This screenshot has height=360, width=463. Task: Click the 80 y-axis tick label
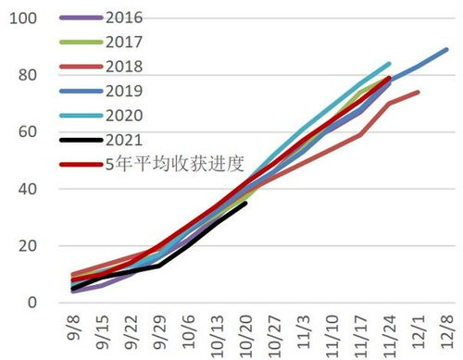pos(26,75)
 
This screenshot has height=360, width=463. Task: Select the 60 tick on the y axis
pos(26,132)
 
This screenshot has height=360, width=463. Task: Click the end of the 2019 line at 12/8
pos(447,49)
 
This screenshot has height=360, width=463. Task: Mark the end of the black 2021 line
pos(245,204)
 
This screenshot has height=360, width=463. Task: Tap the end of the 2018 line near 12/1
pos(419,92)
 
